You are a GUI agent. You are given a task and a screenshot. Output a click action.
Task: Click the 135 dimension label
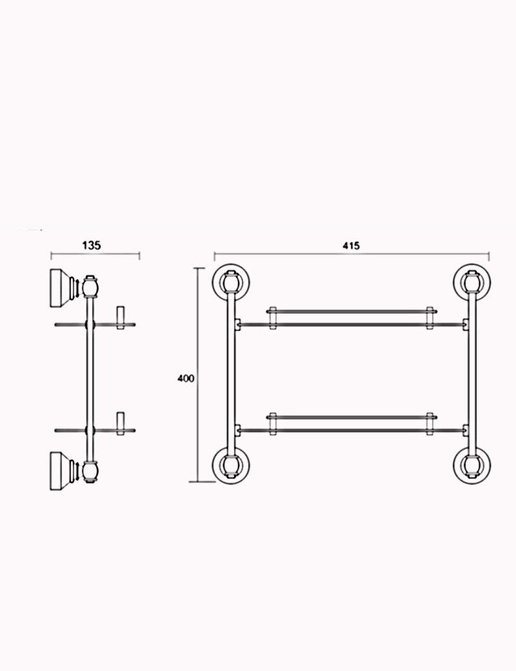[x=91, y=245]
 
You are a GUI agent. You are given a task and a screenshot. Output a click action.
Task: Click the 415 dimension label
[x=352, y=245]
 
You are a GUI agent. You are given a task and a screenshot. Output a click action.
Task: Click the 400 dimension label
[x=186, y=378]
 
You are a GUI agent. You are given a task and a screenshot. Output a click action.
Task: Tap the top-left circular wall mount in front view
[x=231, y=282]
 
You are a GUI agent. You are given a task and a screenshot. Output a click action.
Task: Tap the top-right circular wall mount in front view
[x=472, y=282]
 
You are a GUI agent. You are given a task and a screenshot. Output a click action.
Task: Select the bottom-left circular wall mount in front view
[x=231, y=466]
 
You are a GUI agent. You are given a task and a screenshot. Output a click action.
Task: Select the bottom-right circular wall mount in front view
[x=472, y=466]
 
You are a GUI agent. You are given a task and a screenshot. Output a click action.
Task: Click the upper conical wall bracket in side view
[x=61, y=288]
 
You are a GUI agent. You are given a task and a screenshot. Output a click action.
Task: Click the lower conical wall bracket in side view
[x=61, y=471]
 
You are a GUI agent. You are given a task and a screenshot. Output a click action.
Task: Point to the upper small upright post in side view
[x=120, y=317]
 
